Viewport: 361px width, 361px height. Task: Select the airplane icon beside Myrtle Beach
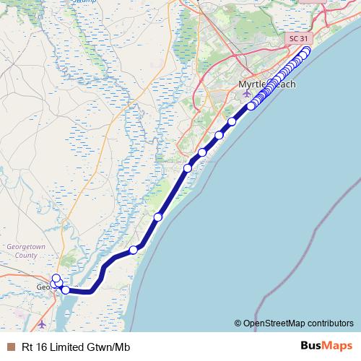[248, 94]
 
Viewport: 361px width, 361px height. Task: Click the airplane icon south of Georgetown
[43, 325]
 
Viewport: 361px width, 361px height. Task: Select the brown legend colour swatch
[9, 347]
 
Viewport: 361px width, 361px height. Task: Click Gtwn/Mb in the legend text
[107, 347]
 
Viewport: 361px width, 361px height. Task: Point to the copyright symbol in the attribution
[238, 323]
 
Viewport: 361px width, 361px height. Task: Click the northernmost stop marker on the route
[307, 50]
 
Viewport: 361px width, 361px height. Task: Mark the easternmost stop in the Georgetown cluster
[66, 290]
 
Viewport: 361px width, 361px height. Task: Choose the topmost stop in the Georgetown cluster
[56, 278]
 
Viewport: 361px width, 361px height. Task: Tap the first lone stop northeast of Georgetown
[133, 251]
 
